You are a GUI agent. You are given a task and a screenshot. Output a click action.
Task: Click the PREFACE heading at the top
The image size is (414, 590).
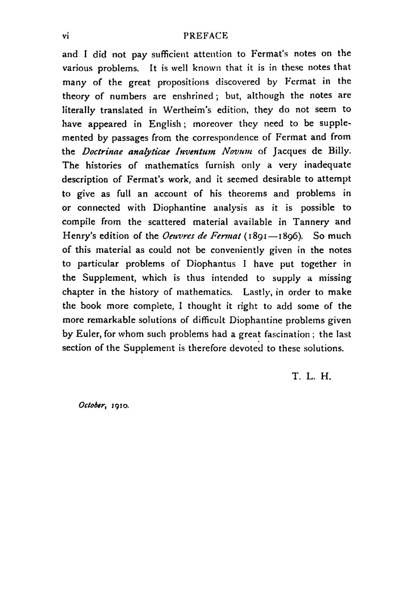coord(206,36)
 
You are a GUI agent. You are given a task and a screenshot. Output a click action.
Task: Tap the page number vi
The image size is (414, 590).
coord(65,36)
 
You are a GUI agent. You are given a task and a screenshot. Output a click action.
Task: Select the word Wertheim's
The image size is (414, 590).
coord(188,110)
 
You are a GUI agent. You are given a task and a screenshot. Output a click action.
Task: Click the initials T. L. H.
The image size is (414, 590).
coord(311,377)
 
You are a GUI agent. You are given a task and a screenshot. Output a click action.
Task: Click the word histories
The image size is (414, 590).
coord(103,166)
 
